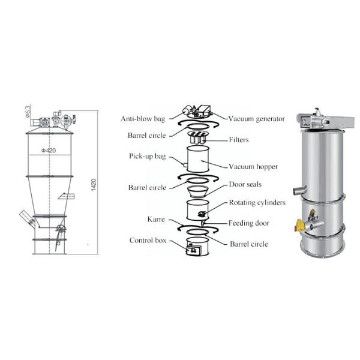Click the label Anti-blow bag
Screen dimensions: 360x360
click(143, 119)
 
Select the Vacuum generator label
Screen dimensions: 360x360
click(256, 119)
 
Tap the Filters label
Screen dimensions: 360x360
click(239, 140)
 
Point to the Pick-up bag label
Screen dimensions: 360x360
click(148, 156)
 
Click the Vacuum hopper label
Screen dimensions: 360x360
click(253, 166)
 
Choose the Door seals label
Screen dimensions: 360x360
click(245, 184)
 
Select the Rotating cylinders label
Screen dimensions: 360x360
click(257, 203)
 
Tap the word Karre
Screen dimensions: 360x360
click(156, 219)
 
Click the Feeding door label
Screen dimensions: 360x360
click(249, 223)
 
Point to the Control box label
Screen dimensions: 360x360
click(148, 241)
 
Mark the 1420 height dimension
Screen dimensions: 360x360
click(94, 185)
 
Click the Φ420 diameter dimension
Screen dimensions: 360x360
click(49, 151)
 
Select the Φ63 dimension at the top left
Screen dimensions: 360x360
click(28, 112)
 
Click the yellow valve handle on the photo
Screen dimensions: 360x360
click(299, 224)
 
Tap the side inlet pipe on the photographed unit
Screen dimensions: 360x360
click(300, 190)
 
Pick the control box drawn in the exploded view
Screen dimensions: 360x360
click(194, 250)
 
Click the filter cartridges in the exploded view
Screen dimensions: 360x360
click(197, 137)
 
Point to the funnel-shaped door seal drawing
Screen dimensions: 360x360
click(198, 191)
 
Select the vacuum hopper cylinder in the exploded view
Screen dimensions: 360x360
click(198, 159)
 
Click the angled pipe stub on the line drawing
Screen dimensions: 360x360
click(28, 219)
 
